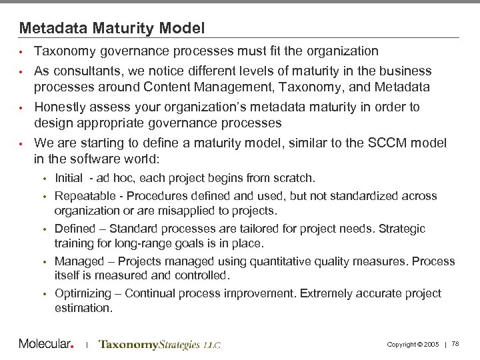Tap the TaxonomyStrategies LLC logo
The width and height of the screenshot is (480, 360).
coord(159,345)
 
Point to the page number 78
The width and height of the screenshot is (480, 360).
coord(455,344)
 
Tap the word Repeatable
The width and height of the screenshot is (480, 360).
coord(81,196)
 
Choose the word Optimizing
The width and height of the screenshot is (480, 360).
coord(79,293)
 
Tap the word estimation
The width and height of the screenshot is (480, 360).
coord(83,308)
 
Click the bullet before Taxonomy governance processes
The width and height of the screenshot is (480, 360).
coord(22,52)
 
